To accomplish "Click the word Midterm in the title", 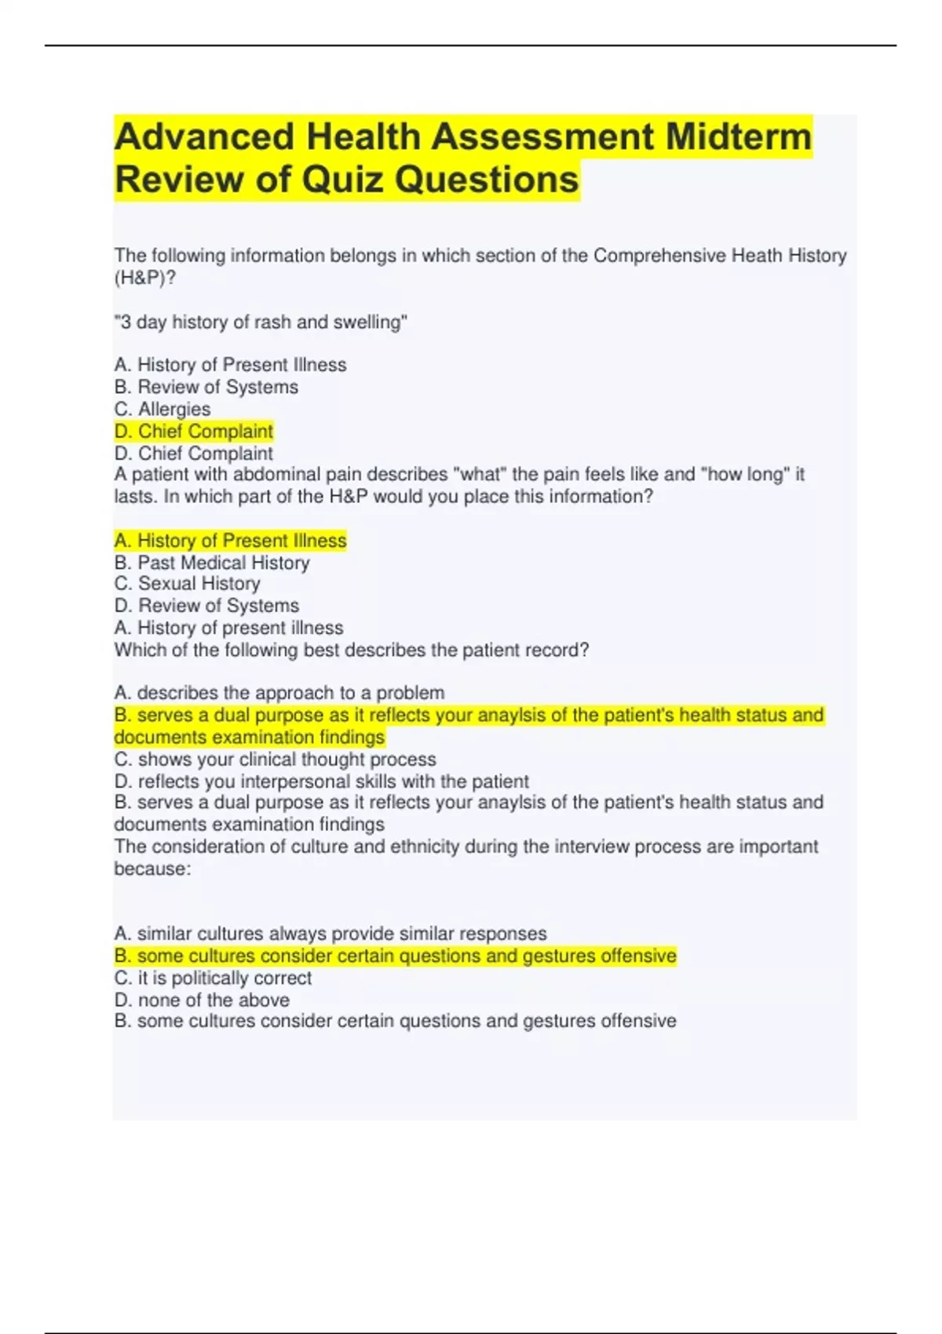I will click(x=738, y=137).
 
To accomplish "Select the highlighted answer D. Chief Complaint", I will click(x=193, y=431).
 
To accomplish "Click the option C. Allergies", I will click(x=162, y=409).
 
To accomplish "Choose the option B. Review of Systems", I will click(x=206, y=387).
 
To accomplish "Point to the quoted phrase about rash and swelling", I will click(x=261, y=322).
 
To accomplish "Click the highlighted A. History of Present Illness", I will click(x=230, y=541).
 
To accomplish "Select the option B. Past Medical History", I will click(x=211, y=563).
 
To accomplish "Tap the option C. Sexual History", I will click(x=187, y=584).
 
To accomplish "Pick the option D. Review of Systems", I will click(x=206, y=606).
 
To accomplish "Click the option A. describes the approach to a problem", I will click(x=279, y=693).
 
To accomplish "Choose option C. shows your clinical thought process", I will click(x=275, y=760).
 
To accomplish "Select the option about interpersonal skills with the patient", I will click(x=321, y=782).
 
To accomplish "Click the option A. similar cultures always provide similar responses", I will click(x=330, y=934).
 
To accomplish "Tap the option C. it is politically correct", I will click(x=213, y=978).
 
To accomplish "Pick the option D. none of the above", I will click(x=202, y=1000).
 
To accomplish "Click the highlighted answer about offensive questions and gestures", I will click(x=395, y=956).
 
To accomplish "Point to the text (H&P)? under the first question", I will click(x=145, y=278).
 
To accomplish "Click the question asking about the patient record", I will click(x=351, y=650).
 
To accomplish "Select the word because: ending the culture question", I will click(x=152, y=869).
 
